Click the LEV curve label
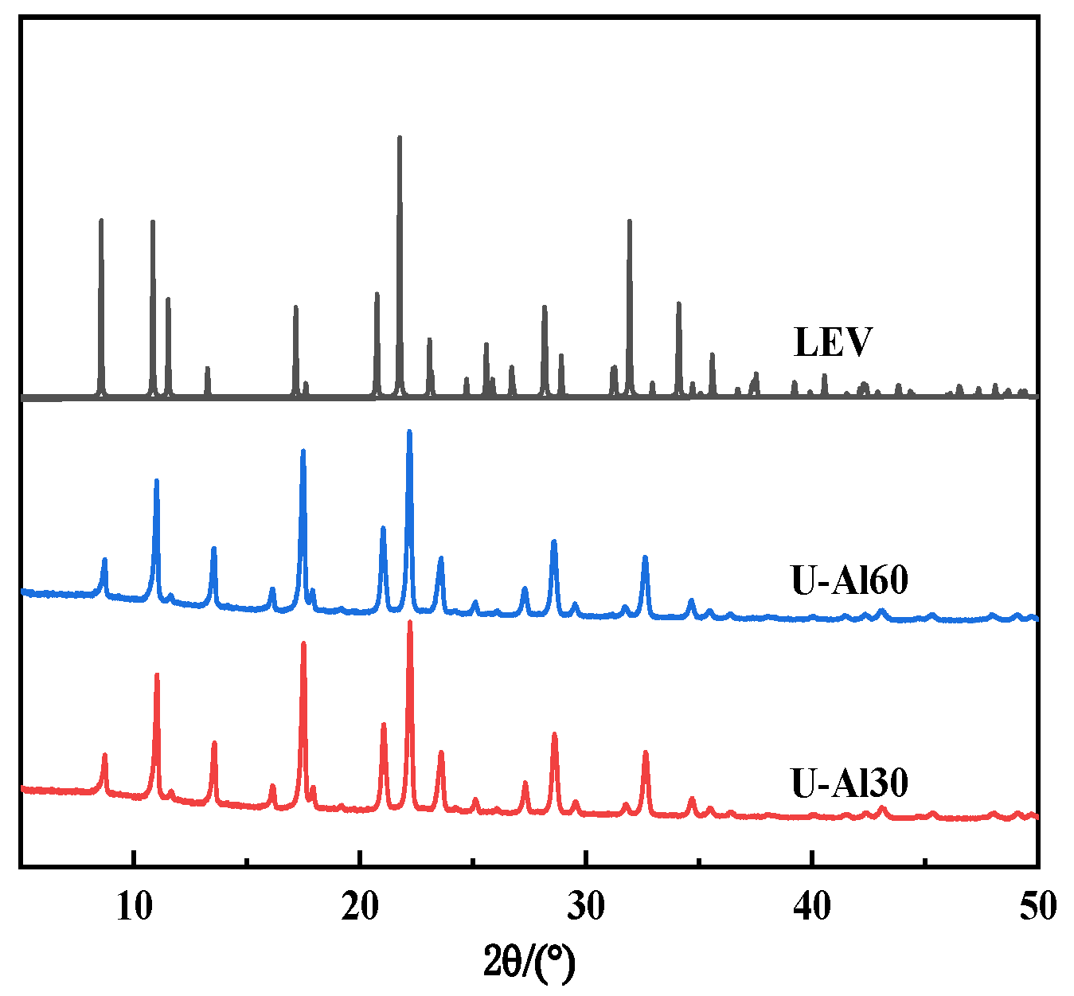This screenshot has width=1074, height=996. pyautogui.click(x=833, y=342)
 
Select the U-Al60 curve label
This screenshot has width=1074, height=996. pyautogui.click(x=849, y=580)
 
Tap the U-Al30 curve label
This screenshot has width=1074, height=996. pyautogui.click(x=849, y=783)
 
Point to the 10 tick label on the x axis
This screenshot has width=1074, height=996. pyautogui.click(x=135, y=907)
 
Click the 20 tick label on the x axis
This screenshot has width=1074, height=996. pyautogui.click(x=361, y=907)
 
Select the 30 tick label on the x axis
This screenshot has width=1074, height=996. pyautogui.click(x=586, y=907)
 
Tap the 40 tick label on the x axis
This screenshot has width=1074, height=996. pyautogui.click(x=812, y=907)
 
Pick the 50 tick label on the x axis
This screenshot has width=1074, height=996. pyautogui.click(x=1037, y=907)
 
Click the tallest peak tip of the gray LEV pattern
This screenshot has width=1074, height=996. pyautogui.click(x=400, y=138)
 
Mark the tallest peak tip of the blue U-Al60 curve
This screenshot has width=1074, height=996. pyautogui.click(x=409, y=432)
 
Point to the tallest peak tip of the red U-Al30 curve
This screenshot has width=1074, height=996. pyautogui.click(x=410, y=622)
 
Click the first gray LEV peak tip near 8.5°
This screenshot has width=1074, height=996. pyautogui.click(x=101, y=220)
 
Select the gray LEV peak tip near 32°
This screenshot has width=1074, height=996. pyautogui.click(x=629, y=221)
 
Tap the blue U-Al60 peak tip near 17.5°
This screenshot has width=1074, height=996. pyautogui.click(x=303, y=451)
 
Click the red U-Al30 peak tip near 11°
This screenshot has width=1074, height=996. pyautogui.click(x=157, y=675)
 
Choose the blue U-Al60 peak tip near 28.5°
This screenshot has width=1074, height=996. pyautogui.click(x=554, y=541)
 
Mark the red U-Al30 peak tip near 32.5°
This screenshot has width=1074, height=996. pyautogui.click(x=646, y=752)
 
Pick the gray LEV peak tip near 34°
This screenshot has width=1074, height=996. pyautogui.click(x=679, y=303)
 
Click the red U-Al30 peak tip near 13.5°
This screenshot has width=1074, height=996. pyautogui.click(x=214, y=743)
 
